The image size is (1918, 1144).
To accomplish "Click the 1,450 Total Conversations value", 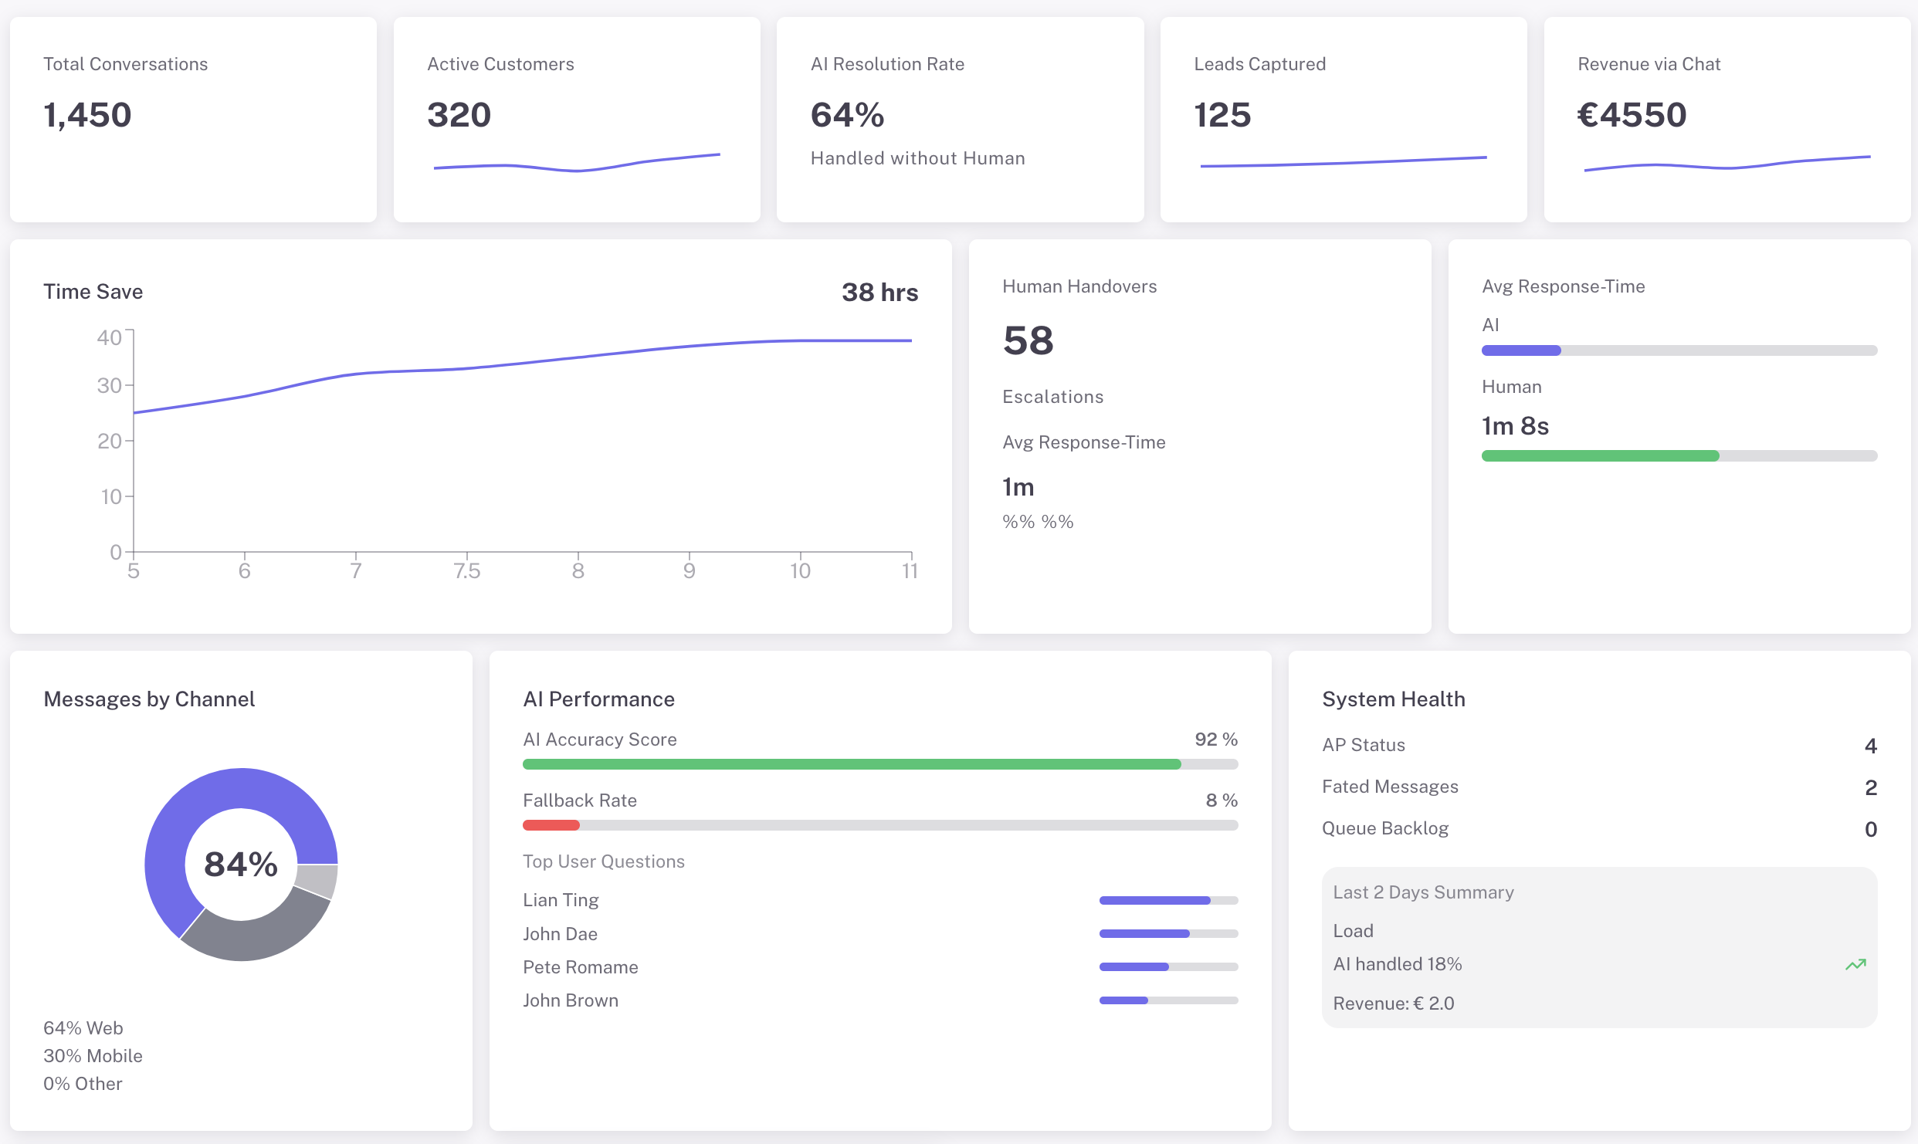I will [87, 115].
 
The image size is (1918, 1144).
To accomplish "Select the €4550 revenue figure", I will [1632, 115].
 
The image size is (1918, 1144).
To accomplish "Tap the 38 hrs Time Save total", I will [879, 293].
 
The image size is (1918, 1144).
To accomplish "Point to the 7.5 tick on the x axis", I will [466, 571].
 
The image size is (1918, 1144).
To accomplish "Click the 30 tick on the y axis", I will [110, 385].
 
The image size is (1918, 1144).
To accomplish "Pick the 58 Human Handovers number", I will [1028, 340].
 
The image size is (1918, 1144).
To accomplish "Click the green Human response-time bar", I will [1600, 456].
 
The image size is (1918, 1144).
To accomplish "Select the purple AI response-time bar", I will [1521, 350].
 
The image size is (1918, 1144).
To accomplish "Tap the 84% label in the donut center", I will [241, 865].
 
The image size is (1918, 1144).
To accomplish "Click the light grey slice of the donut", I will [317, 880].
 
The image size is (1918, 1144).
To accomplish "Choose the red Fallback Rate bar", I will [551, 825].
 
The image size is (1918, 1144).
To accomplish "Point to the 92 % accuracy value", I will [1216, 740].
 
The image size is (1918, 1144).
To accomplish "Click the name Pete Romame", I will [581, 967].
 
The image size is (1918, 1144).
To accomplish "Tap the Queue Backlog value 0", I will [1870, 829].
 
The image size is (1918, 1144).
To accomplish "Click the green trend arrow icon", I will [1855, 964].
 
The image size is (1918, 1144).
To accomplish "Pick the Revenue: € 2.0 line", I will [1394, 1004].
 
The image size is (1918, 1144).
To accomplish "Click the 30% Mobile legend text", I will [93, 1056].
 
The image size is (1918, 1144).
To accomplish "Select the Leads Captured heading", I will [1259, 64].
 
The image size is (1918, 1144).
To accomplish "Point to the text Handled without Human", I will [917, 158].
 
